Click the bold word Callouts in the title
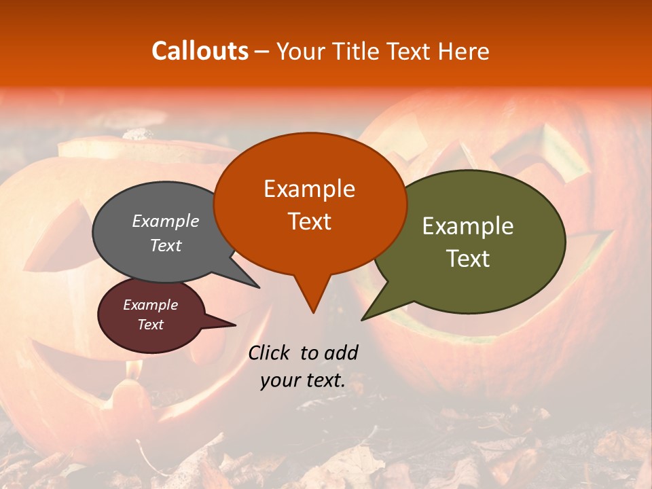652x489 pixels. coord(200,51)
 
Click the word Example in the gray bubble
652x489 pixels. coord(166,221)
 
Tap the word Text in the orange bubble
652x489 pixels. coord(310,221)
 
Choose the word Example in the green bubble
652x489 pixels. coord(468,226)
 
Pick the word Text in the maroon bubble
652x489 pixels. coord(151,325)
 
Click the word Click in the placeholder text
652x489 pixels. coord(270,352)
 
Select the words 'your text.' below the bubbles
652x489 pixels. coord(303,380)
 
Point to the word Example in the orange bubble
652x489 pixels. coord(310,189)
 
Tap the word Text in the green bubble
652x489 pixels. coord(469,259)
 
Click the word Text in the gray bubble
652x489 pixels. coord(166,245)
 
